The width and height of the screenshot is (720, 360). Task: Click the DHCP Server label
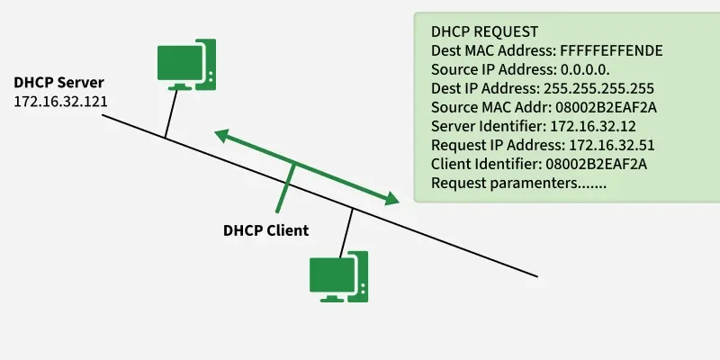(58, 82)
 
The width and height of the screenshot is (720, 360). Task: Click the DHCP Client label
(265, 230)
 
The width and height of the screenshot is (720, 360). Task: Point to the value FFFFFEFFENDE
(611, 50)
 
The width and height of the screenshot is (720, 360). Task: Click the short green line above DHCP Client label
(288, 184)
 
